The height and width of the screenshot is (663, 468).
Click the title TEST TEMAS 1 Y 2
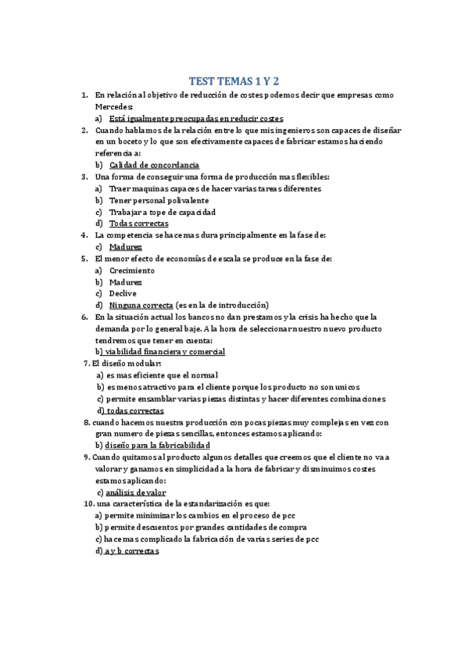(x=234, y=81)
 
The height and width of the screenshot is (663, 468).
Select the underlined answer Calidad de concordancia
(x=154, y=166)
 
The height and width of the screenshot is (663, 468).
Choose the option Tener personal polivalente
(x=148, y=200)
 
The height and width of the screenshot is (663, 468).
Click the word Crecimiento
(x=132, y=271)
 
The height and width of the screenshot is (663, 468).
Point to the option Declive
(x=123, y=293)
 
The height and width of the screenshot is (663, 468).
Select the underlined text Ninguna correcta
(x=141, y=305)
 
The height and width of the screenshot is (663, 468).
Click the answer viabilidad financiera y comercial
(x=165, y=352)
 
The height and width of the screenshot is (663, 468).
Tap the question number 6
(x=84, y=317)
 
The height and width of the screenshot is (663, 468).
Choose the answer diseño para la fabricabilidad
(x=159, y=446)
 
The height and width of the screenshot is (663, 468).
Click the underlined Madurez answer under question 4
(x=126, y=247)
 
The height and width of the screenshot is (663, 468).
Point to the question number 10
(x=88, y=504)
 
